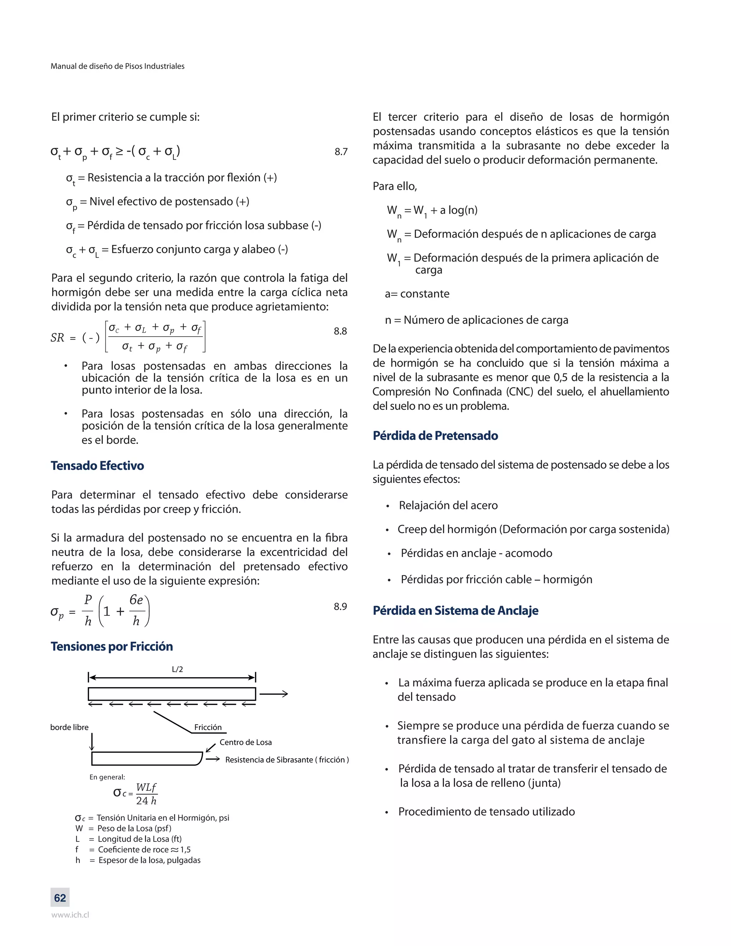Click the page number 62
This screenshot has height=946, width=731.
pos(60,897)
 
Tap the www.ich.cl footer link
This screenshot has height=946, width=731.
pos(70,915)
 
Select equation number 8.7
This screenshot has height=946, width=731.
pos(341,152)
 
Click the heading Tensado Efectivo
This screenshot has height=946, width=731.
pos(97,466)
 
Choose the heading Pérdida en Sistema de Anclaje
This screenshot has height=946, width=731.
pos(455,610)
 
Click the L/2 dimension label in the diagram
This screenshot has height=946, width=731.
pos(177,669)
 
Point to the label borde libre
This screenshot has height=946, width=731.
pos(69,727)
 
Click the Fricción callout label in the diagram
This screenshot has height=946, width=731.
pos(208,727)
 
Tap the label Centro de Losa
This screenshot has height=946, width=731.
pos(246,742)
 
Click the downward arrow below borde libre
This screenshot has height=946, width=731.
pos(92,741)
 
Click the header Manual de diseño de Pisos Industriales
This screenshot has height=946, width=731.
pos(117,66)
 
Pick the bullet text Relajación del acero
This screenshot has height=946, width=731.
pos(448,505)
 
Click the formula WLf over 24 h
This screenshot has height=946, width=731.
pos(146,794)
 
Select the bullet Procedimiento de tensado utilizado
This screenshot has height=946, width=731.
pos(487,811)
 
